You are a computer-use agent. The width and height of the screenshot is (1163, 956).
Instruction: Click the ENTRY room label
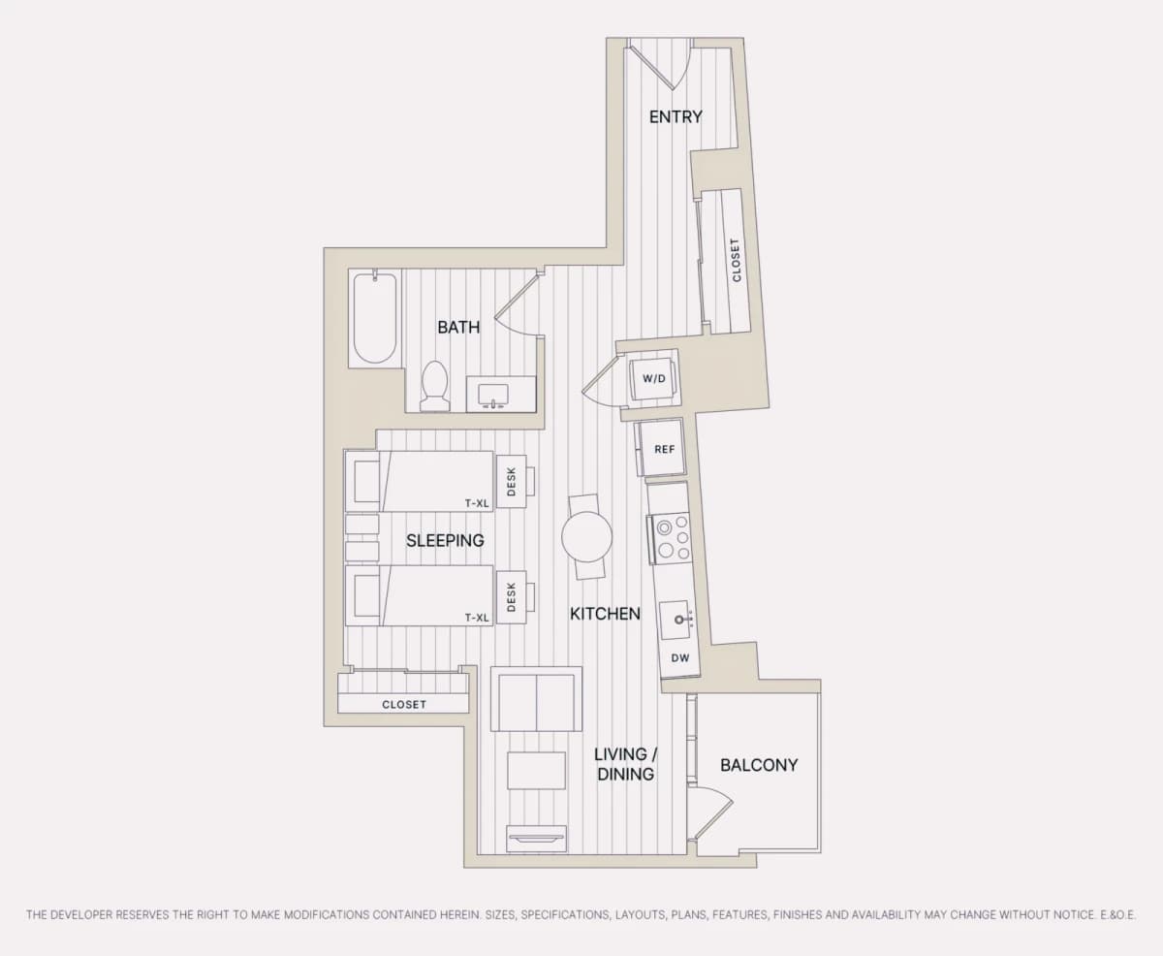tap(676, 117)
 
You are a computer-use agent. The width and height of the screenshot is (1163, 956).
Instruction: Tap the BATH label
tap(458, 327)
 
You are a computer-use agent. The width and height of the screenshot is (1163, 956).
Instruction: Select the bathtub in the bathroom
tap(375, 318)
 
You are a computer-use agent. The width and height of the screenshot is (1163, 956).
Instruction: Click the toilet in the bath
tap(434, 386)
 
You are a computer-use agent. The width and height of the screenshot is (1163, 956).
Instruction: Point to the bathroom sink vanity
tap(501, 394)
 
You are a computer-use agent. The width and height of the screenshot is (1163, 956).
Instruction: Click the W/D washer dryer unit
tap(654, 379)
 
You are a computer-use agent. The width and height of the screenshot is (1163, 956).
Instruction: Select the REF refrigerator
tap(662, 448)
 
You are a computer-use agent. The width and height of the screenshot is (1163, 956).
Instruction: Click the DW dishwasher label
tap(680, 657)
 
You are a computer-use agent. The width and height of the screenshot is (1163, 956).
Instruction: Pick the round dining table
tap(586, 536)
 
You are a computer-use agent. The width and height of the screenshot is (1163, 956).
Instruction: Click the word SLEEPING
tap(445, 541)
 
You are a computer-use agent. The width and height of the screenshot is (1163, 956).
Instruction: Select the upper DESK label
tap(511, 482)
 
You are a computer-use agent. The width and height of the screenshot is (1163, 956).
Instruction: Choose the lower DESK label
tap(511, 597)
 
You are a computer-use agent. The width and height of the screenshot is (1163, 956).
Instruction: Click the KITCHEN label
tap(605, 614)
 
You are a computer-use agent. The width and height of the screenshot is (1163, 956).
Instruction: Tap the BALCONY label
tap(759, 765)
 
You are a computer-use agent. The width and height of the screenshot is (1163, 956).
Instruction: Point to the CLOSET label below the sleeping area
tap(404, 705)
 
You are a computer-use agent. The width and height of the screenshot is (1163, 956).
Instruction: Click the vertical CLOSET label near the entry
tap(735, 261)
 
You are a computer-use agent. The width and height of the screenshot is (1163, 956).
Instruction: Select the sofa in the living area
tap(536, 699)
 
